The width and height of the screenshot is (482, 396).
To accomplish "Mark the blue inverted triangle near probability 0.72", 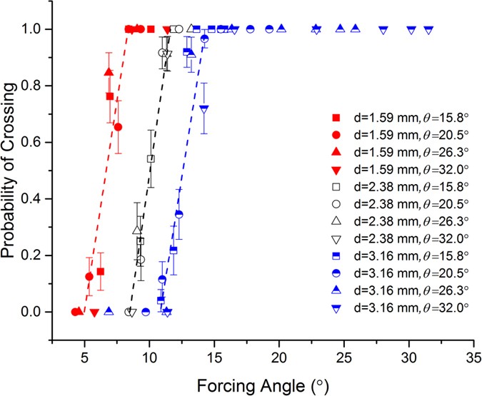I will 204,108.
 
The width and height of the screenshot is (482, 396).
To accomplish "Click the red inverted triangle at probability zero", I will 94,312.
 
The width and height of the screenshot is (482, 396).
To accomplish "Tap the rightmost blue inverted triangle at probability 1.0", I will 428,30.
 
